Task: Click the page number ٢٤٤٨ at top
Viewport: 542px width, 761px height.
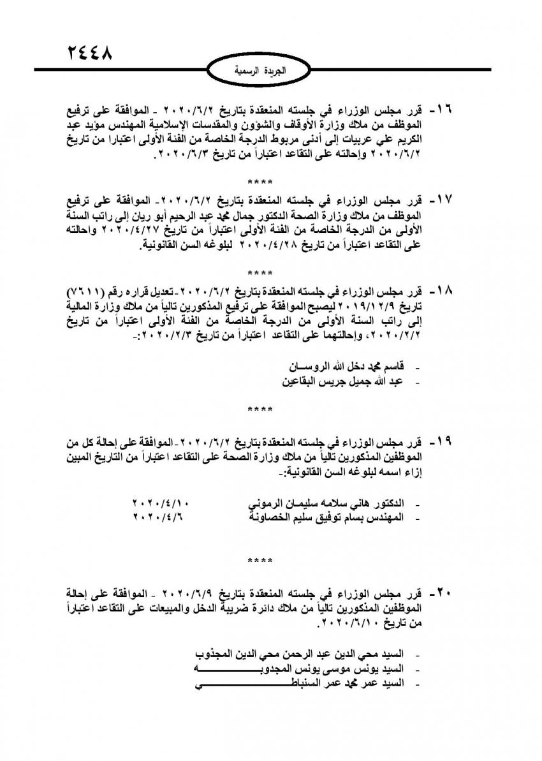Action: coord(89,52)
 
